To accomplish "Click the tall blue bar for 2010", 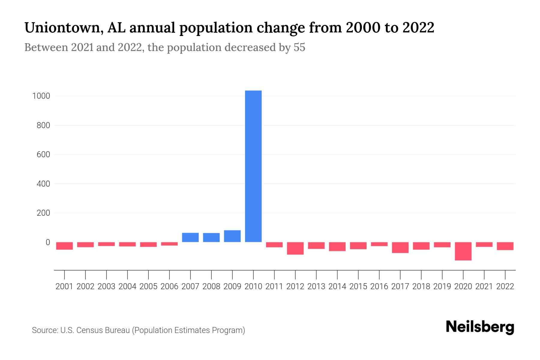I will pyautogui.click(x=253, y=166).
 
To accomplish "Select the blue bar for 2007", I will pyautogui.click(x=190, y=237).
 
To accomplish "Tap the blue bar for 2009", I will pyautogui.click(x=232, y=236).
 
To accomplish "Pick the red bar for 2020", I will pyautogui.click(x=463, y=251).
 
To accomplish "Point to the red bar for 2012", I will pyautogui.click(x=295, y=248).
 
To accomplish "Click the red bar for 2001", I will pyautogui.click(x=64, y=246).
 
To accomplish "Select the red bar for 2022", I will pyautogui.click(x=505, y=246).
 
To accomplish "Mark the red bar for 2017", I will pyautogui.click(x=400, y=247).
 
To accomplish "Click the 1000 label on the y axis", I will pyautogui.click(x=41, y=96).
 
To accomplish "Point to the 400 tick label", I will pyautogui.click(x=43, y=184).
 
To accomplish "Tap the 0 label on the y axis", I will pyautogui.click(x=47, y=242).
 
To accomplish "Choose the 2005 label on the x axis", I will pyautogui.click(x=148, y=286).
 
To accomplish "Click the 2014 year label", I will pyautogui.click(x=337, y=286).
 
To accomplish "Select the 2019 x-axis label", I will pyautogui.click(x=442, y=286).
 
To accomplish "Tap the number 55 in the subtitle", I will pyautogui.click(x=299, y=48).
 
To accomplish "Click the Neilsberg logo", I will pyautogui.click(x=480, y=327).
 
